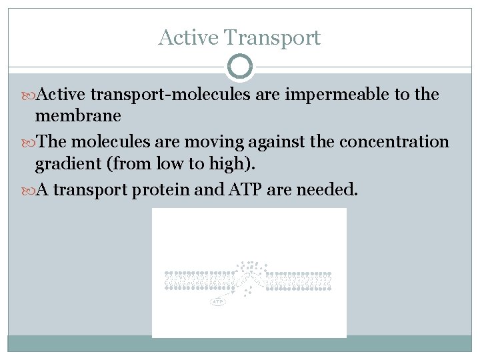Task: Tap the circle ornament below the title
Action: click(x=240, y=67)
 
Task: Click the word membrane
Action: click(x=78, y=116)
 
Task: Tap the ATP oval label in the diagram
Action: click(x=218, y=302)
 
